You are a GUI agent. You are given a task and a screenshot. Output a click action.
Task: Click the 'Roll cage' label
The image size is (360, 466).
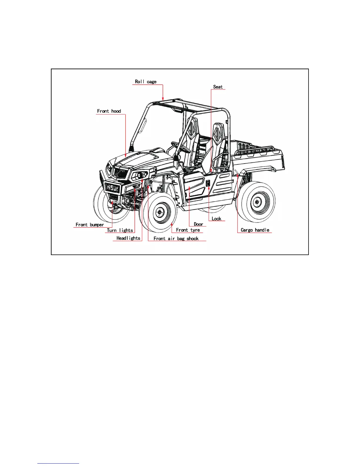(146, 82)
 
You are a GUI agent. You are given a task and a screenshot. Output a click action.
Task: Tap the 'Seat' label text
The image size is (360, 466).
(218, 87)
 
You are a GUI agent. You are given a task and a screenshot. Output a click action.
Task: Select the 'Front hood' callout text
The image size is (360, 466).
(109, 111)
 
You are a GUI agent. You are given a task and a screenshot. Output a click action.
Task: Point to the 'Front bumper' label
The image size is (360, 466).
(90, 225)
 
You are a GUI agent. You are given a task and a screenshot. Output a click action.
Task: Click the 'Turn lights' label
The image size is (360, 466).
(120, 230)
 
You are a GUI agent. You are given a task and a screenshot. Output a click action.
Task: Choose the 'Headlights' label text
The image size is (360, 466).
(128, 238)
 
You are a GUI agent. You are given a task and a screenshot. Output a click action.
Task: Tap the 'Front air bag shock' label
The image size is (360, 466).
(176, 239)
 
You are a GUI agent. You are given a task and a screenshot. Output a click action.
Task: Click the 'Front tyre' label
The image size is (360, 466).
(188, 230)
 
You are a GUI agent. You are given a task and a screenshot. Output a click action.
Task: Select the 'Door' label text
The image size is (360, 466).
(198, 224)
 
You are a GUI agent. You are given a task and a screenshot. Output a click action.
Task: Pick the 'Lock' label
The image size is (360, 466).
(216, 219)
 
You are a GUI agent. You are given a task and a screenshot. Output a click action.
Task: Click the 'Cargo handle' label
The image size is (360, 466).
(255, 230)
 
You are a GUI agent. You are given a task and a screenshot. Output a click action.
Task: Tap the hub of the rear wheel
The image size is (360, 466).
(257, 202)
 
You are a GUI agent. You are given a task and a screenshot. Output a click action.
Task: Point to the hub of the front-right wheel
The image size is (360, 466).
(159, 212)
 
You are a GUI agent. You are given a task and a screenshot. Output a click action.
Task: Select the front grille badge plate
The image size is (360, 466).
(113, 188)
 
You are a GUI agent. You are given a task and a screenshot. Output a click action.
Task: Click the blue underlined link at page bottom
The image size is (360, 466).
(58, 464)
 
